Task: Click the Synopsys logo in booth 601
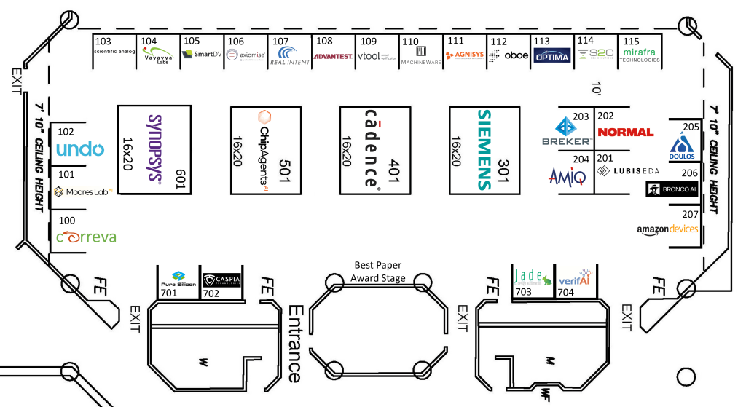[x=154, y=147]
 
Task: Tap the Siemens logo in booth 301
[x=485, y=150]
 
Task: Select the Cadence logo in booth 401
[x=372, y=149]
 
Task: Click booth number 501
[x=286, y=173]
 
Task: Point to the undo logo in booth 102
[x=85, y=150]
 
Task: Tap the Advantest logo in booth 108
[x=333, y=56]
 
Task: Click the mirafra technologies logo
[x=640, y=56]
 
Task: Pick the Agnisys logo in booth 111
[x=464, y=55]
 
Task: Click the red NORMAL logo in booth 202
[x=625, y=132]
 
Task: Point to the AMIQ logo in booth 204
[x=567, y=175]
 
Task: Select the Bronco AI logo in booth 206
[x=672, y=190]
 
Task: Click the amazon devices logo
[x=667, y=229]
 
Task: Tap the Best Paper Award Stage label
[x=377, y=272]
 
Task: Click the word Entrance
[x=294, y=343]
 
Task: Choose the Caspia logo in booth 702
[x=221, y=280]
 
